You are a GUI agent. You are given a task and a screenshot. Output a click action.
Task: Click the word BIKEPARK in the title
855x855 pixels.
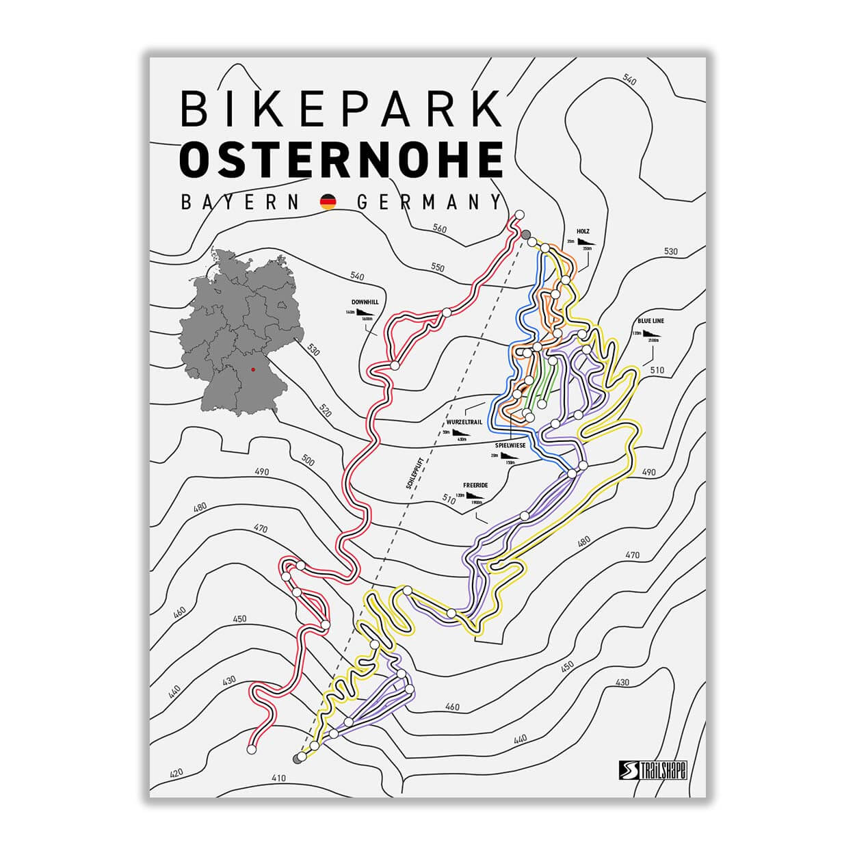[340, 109]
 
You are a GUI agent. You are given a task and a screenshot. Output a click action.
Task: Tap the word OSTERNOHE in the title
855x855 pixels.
[340, 159]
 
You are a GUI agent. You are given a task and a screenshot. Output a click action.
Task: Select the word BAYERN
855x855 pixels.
[240, 202]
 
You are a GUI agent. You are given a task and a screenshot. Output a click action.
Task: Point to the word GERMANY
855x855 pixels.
[430, 202]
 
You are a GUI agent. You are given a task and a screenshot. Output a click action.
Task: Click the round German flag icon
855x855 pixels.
[329, 202]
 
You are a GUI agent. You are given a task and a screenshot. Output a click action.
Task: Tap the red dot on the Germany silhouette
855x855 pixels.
[252, 369]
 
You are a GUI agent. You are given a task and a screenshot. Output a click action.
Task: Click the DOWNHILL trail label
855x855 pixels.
[365, 302]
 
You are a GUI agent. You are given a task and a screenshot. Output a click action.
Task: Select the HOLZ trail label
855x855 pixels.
[583, 231]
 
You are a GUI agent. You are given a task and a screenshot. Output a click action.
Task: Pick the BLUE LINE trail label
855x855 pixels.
[650, 320]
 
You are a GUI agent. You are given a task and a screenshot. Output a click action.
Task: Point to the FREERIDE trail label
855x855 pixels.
[475, 484]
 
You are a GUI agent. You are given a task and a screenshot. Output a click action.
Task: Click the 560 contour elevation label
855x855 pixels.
[439, 228]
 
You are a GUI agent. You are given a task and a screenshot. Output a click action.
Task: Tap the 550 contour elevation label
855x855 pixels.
[436, 267]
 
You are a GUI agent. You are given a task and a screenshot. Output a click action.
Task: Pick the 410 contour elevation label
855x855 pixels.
[279, 778]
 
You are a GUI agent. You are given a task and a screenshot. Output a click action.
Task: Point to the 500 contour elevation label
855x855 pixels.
[308, 461]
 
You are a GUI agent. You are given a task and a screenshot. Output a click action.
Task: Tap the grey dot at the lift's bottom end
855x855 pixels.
[297, 759]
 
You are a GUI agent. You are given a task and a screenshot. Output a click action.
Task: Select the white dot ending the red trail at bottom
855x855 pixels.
[251, 750]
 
